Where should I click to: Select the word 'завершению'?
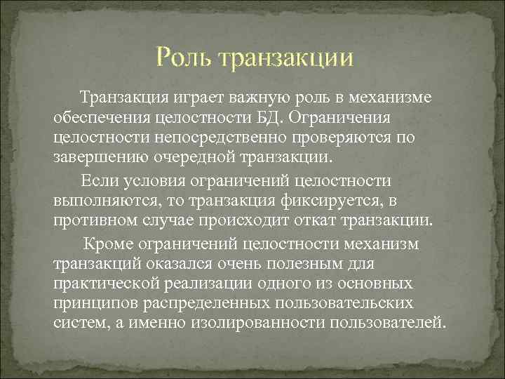(97, 154)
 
